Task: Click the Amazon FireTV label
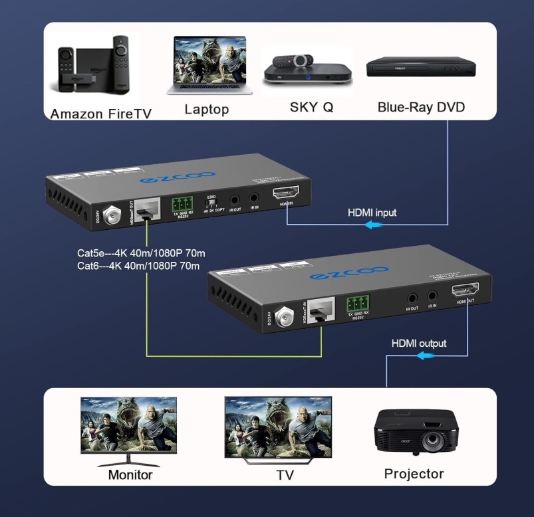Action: [x=100, y=114]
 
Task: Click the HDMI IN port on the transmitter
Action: [x=287, y=195]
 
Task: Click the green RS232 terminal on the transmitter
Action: [x=184, y=203]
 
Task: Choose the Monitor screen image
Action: [x=128, y=425]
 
